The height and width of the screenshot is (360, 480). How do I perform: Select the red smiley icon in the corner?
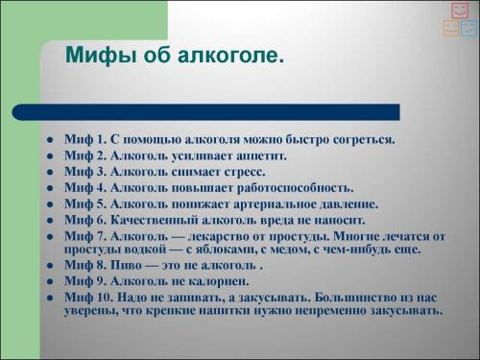coord(460,11)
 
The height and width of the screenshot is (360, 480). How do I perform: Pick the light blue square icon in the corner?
coord(468,28)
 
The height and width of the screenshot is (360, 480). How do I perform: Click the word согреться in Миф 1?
coord(362,140)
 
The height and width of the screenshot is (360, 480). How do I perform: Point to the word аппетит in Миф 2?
coord(259,156)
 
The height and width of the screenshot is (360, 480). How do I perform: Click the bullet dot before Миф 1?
coord(48,140)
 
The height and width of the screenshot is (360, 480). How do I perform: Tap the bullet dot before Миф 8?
coord(48,266)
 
